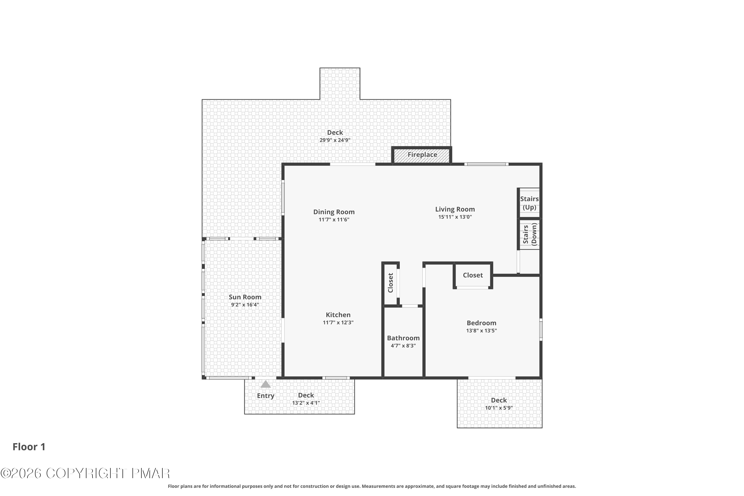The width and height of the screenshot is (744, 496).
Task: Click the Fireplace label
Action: (x=422, y=155)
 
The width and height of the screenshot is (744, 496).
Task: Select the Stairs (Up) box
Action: (x=529, y=203)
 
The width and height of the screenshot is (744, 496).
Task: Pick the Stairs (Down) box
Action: (x=529, y=234)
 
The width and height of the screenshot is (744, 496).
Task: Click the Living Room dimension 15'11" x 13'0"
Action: (x=455, y=217)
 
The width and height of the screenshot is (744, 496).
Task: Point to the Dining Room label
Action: (x=334, y=212)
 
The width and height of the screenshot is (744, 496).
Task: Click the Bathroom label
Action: (x=403, y=338)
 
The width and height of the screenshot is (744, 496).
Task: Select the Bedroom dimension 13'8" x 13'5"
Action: (x=481, y=331)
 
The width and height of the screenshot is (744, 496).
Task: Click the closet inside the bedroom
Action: (x=473, y=275)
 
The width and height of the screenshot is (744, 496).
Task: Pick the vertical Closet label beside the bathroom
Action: (x=390, y=283)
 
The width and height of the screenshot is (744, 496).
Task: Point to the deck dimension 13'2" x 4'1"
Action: (x=306, y=403)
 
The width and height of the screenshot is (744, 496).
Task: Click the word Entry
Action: (x=265, y=396)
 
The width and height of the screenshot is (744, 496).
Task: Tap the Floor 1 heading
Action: (x=29, y=447)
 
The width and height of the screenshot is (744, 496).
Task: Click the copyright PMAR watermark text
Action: (x=85, y=473)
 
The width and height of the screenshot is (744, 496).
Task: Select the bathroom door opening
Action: (x=410, y=306)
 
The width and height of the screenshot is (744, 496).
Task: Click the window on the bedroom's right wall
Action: (x=541, y=330)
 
